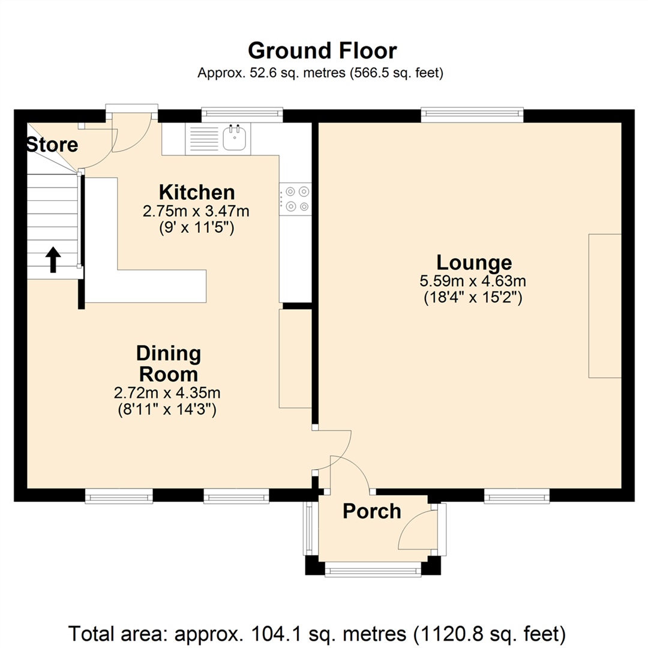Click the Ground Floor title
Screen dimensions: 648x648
click(322, 50)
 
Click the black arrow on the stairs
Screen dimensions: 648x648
click(53, 260)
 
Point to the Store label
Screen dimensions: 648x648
click(52, 145)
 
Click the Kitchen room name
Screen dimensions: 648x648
click(196, 193)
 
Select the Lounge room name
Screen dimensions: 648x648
click(473, 263)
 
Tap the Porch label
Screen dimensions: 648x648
click(371, 511)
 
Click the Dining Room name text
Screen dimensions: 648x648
click(168, 364)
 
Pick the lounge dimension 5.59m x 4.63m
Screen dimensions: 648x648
click(473, 281)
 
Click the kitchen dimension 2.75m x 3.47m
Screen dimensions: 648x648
click(196, 211)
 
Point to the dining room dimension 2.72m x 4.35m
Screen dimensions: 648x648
click(168, 394)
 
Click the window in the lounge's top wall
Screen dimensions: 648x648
click(472, 115)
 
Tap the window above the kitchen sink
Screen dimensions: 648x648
click(242, 114)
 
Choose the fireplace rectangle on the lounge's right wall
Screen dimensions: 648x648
click(604, 306)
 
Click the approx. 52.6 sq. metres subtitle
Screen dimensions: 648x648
click(320, 74)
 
